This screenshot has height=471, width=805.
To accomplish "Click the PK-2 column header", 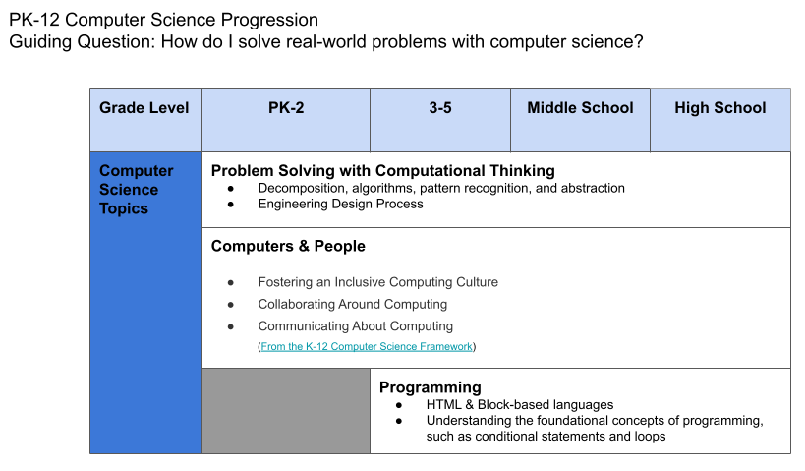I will [x=285, y=108].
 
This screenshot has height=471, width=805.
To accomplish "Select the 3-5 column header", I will [x=439, y=108].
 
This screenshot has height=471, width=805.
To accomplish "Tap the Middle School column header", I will [x=580, y=108].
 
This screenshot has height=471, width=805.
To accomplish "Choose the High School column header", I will [x=719, y=108].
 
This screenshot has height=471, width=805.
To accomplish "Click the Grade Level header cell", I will [x=144, y=108].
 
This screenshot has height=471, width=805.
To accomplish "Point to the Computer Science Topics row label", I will [x=137, y=190].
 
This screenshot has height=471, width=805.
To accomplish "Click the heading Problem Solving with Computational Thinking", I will [x=382, y=170].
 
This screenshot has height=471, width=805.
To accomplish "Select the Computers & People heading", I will [x=288, y=246].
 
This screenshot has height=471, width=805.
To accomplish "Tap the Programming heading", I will [x=430, y=386].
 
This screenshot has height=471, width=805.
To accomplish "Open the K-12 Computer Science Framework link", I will [x=367, y=347].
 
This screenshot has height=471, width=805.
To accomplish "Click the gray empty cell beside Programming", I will [x=285, y=410].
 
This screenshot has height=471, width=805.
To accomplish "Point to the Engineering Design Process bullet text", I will [x=340, y=204].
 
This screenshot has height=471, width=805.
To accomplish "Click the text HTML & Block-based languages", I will [x=519, y=404].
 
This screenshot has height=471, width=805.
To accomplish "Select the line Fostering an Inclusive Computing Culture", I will [x=377, y=282].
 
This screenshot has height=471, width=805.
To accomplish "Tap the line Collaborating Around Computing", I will [x=352, y=305].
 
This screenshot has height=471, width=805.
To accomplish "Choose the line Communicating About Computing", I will [x=355, y=326].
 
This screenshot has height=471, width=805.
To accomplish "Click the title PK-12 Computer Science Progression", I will [x=164, y=20].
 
